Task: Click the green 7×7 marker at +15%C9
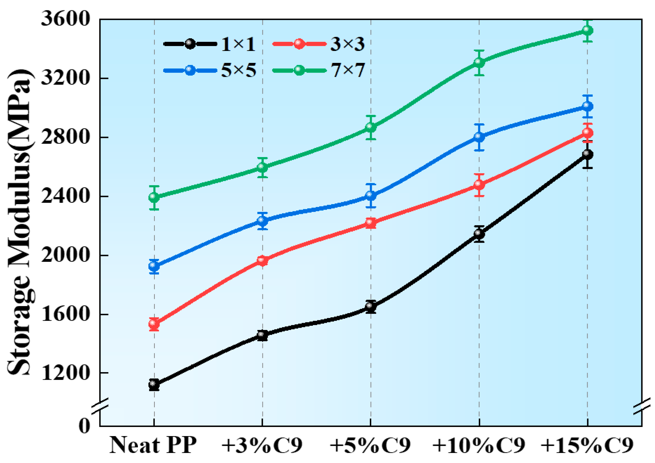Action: [x=587, y=30]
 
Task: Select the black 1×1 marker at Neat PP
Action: [x=154, y=384]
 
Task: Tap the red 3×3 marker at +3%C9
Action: [x=262, y=261]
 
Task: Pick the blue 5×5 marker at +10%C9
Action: [x=479, y=137]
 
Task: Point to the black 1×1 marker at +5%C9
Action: [x=371, y=306]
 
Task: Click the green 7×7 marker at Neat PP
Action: [x=154, y=197]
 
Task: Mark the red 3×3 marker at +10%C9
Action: [x=479, y=185]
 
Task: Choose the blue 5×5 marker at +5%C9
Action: [x=371, y=196]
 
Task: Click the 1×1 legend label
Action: [x=238, y=44]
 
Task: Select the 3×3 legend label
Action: [x=347, y=44]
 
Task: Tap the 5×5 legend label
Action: [x=238, y=70]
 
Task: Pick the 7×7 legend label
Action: [x=347, y=70]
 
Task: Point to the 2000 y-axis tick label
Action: [x=65, y=255]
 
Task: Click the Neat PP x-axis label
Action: [x=153, y=445]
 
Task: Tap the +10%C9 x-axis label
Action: [x=479, y=445]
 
